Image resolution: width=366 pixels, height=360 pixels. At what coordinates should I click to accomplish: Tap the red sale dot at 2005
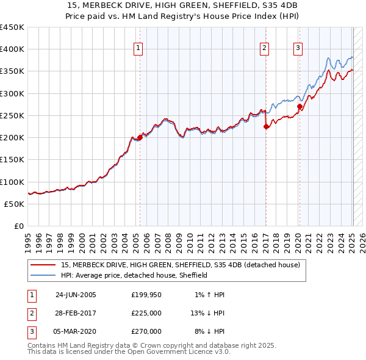[x=140, y=138]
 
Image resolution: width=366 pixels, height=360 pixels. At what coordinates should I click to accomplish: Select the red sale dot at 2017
[x=266, y=127]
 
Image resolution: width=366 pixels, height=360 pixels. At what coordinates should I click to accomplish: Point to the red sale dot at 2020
[x=300, y=107]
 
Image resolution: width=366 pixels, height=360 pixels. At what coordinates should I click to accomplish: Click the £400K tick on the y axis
[x=12, y=49]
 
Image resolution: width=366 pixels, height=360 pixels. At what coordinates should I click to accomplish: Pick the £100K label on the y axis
[x=12, y=182]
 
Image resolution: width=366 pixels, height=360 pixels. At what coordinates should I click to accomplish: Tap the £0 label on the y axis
[x=18, y=226]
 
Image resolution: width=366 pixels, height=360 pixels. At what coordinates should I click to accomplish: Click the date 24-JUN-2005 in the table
[x=76, y=295]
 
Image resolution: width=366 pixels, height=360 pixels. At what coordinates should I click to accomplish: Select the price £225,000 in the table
[x=146, y=313]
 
